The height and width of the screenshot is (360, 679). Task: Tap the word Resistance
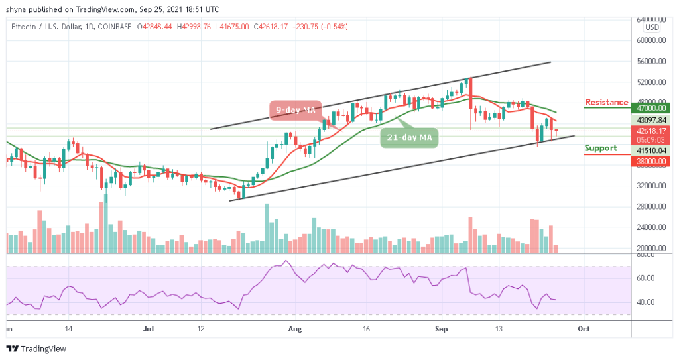click(x=606, y=102)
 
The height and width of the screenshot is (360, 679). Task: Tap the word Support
click(x=601, y=148)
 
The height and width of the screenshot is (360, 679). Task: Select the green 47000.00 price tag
click(x=652, y=108)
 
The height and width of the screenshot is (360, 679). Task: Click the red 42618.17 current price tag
click(x=652, y=131)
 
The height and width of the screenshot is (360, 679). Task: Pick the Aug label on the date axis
click(x=294, y=328)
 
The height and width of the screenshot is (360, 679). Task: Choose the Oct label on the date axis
click(x=584, y=328)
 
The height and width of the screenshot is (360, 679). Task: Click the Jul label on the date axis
click(x=149, y=328)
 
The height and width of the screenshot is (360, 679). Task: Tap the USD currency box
click(x=652, y=27)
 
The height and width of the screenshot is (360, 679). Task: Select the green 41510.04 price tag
click(x=652, y=150)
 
